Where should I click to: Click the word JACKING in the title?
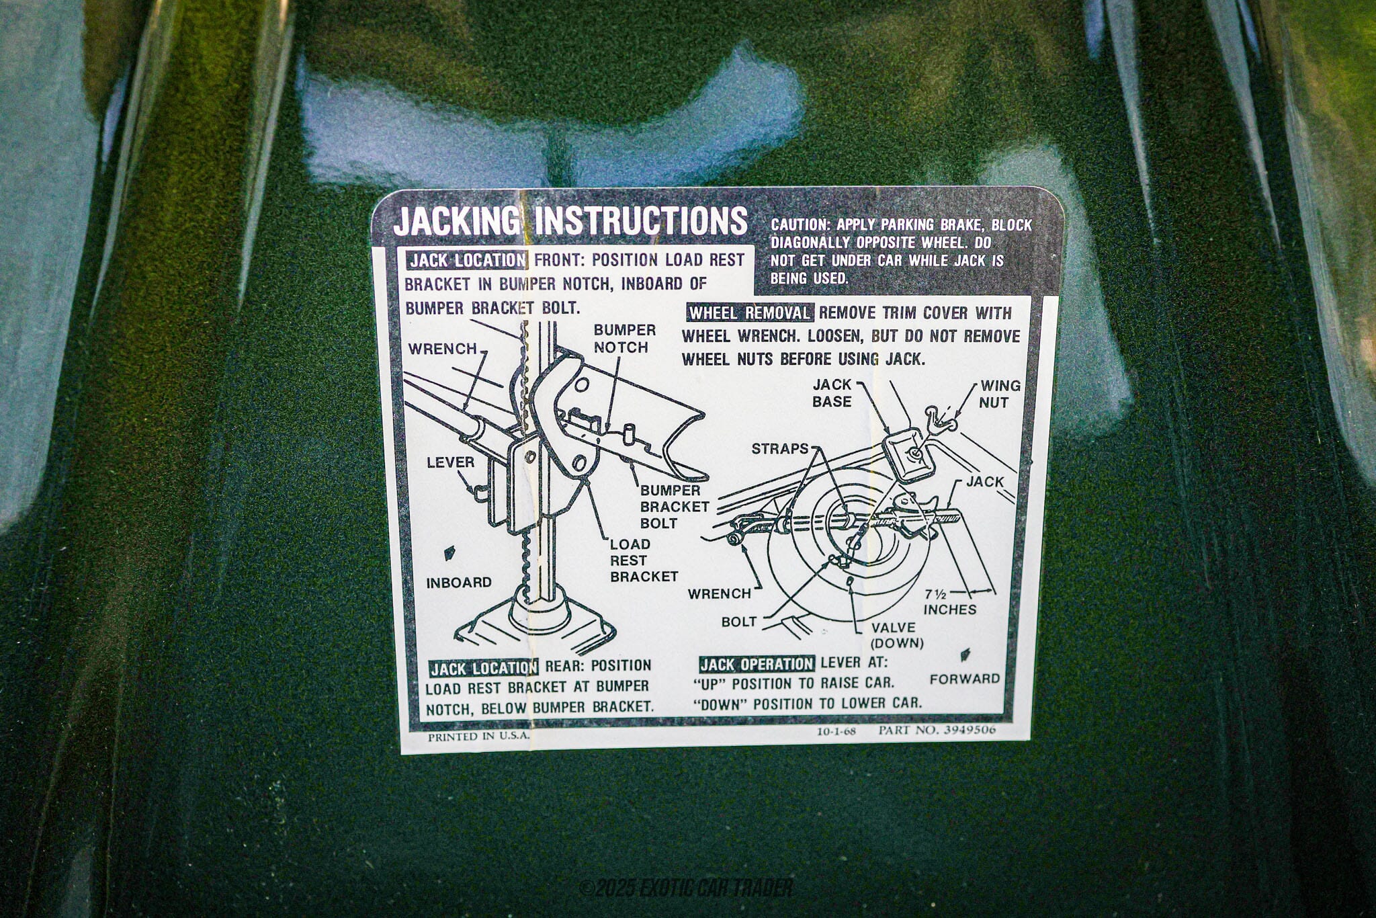(456, 222)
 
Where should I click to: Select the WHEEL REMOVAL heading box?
(750, 313)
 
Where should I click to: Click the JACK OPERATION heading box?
(757, 664)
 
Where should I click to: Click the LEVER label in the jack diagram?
(450, 462)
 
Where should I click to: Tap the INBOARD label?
(459, 582)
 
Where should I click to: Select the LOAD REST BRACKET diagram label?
(644, 560)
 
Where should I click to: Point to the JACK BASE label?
(832, 393)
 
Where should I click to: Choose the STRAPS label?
(780, 448)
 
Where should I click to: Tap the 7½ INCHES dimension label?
(949, 602)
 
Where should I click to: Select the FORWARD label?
(965, 679)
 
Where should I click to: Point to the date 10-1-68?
(836, 731)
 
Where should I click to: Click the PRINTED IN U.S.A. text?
(478, 735)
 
